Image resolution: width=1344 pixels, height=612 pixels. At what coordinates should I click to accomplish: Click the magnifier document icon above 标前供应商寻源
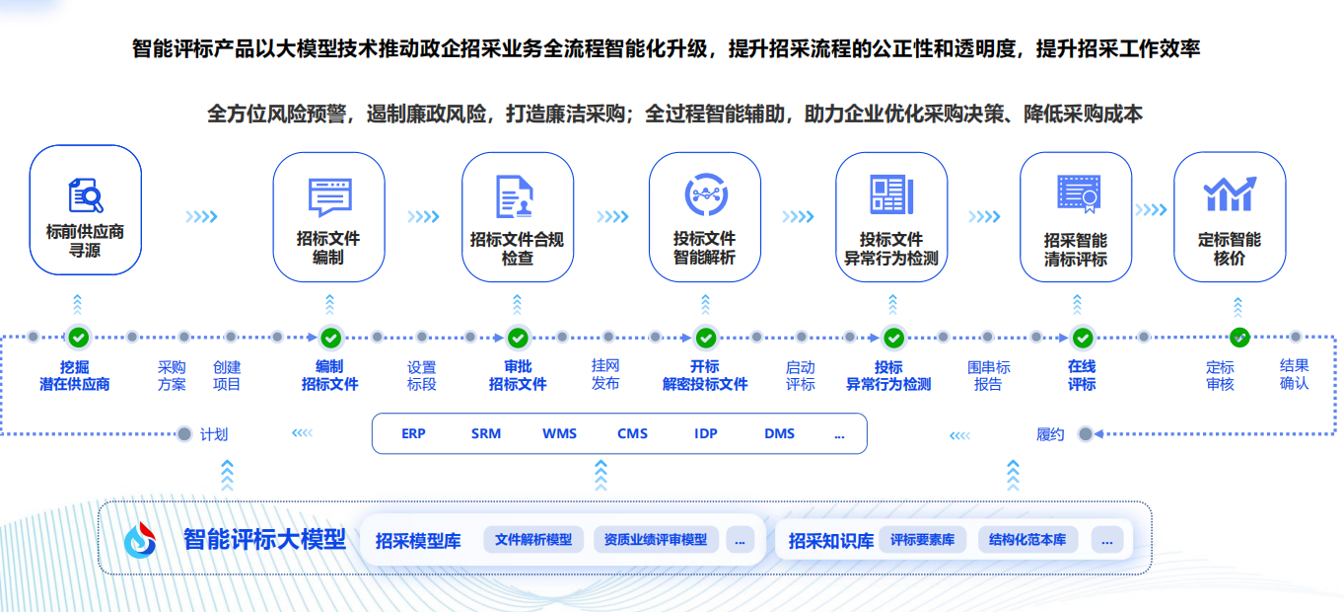(x=86, y=194)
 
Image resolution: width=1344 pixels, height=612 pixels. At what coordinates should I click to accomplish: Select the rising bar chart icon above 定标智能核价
(x=1230, y=193)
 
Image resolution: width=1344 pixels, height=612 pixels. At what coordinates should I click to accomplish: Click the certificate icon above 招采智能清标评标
(x=1078, y=193)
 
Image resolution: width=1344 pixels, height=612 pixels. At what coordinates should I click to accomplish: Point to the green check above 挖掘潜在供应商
(x=79, y=338)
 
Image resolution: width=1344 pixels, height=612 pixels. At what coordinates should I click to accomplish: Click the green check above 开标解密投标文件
(x=706, y=339)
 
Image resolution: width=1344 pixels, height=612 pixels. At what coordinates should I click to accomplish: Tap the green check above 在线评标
(x=1083, y=339)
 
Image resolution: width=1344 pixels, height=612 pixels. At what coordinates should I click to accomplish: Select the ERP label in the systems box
(x=413, y=433)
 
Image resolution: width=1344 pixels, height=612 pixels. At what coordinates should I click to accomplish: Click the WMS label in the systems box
(x=559, y=433)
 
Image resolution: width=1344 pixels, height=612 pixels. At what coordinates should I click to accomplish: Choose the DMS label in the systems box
(x=779, y=433)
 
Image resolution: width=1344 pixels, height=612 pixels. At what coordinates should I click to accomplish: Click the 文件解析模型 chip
(x=533, y=540)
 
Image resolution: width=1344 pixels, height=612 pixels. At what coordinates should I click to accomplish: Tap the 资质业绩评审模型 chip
(x=656, y=540)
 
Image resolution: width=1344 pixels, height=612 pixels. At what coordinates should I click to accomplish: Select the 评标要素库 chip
(x=922, y=540)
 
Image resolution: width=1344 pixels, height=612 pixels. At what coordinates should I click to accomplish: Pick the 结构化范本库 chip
(x=1027, y=540)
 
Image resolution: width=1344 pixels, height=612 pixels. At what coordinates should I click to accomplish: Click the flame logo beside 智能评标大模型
(x=140, y=540)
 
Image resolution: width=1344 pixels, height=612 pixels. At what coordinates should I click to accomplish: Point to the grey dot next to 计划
(x=184, y=433)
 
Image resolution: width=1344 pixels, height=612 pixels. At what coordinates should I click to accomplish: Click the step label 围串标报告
(x=988, y=375)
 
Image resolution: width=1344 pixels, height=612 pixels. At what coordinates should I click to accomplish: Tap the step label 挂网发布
(x=605, y=375)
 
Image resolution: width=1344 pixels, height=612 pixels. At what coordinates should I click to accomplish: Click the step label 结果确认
(x=1294, y=375)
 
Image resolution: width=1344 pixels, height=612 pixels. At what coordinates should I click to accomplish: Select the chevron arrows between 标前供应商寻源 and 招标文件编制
(x=201, y=216)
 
